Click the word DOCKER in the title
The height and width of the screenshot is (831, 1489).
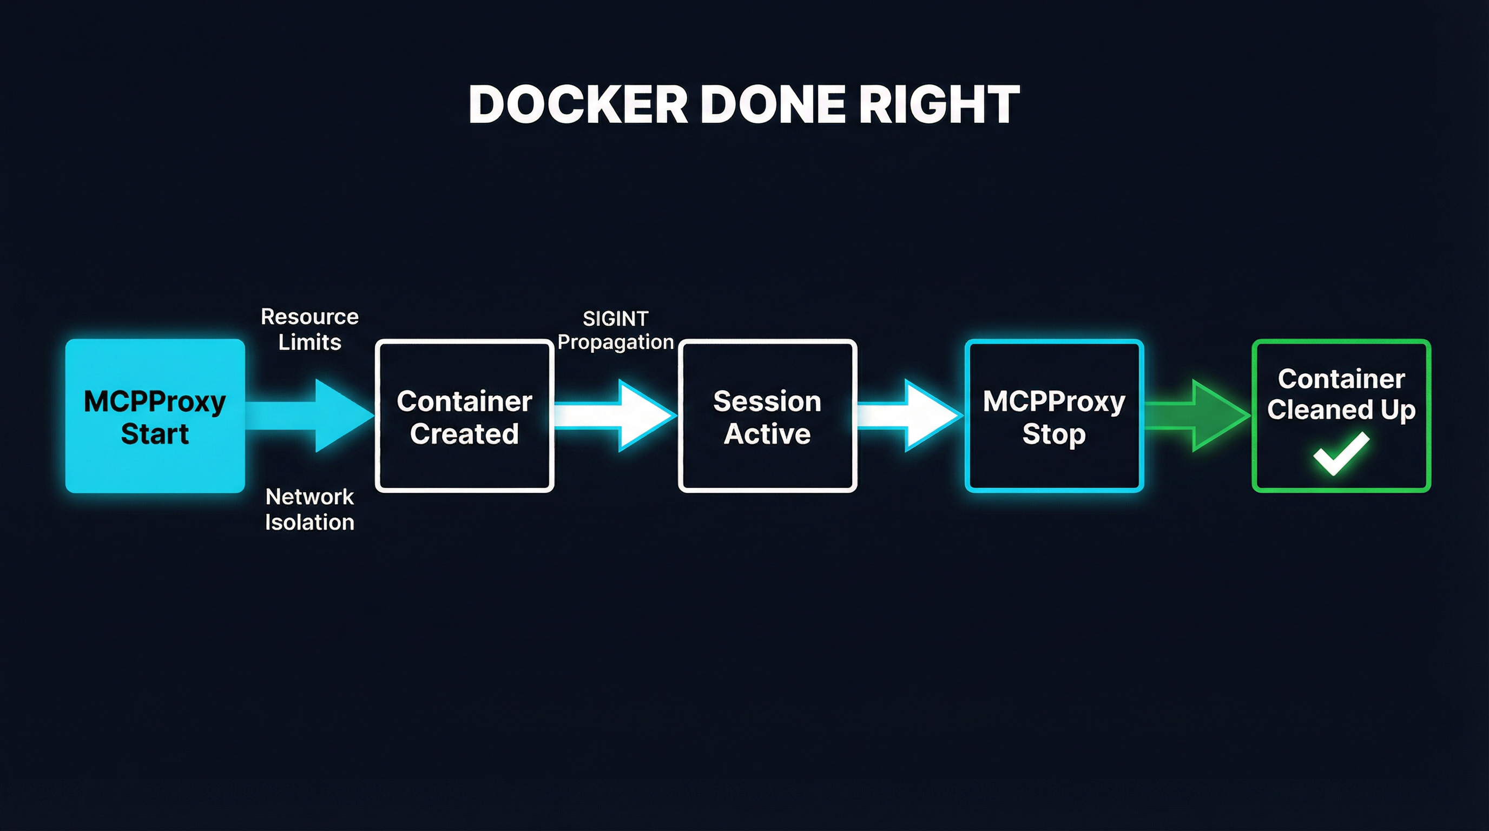click(x=578, y=104)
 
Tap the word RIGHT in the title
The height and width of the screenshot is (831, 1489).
click(x=939, y=104)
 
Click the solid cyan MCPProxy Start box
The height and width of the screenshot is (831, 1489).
click(x=155, y=416)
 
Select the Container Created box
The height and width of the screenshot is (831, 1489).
click(x=464, y=416)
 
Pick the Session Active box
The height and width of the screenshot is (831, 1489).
click(x=767, y=416)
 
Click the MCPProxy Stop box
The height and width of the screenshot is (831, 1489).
click(x=1054, y=416)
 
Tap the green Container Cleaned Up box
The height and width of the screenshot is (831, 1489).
click(x=1341, y=416)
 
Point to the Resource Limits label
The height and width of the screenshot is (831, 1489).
click(x=310, y=329)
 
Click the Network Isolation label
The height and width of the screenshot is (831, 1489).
click(x=310, y=509)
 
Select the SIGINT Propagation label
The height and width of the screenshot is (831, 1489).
click(x=616, y=330)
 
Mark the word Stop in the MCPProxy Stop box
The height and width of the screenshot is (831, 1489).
click(x=1054, y=433)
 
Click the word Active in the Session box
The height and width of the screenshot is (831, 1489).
click(x=767, y=433)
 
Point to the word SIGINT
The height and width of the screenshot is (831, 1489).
click(x=616, y=319)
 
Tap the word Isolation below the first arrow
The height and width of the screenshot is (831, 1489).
click(x=310, y=523)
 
